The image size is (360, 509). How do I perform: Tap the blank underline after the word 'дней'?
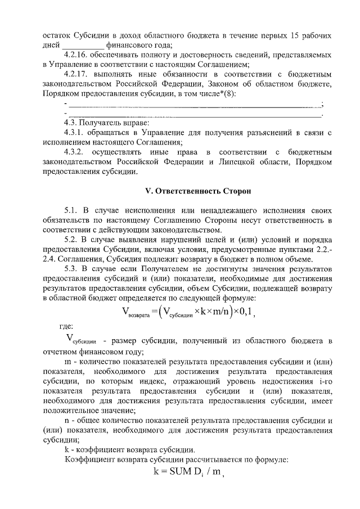click(83, 46)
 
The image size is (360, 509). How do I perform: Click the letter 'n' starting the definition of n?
click(65, 421)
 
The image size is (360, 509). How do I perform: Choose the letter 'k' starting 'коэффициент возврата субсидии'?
click(65, 450)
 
